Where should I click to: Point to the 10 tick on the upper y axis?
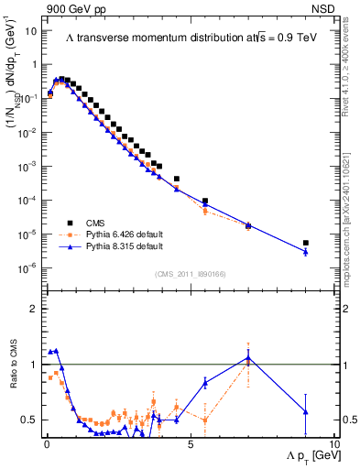(31, 30)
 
